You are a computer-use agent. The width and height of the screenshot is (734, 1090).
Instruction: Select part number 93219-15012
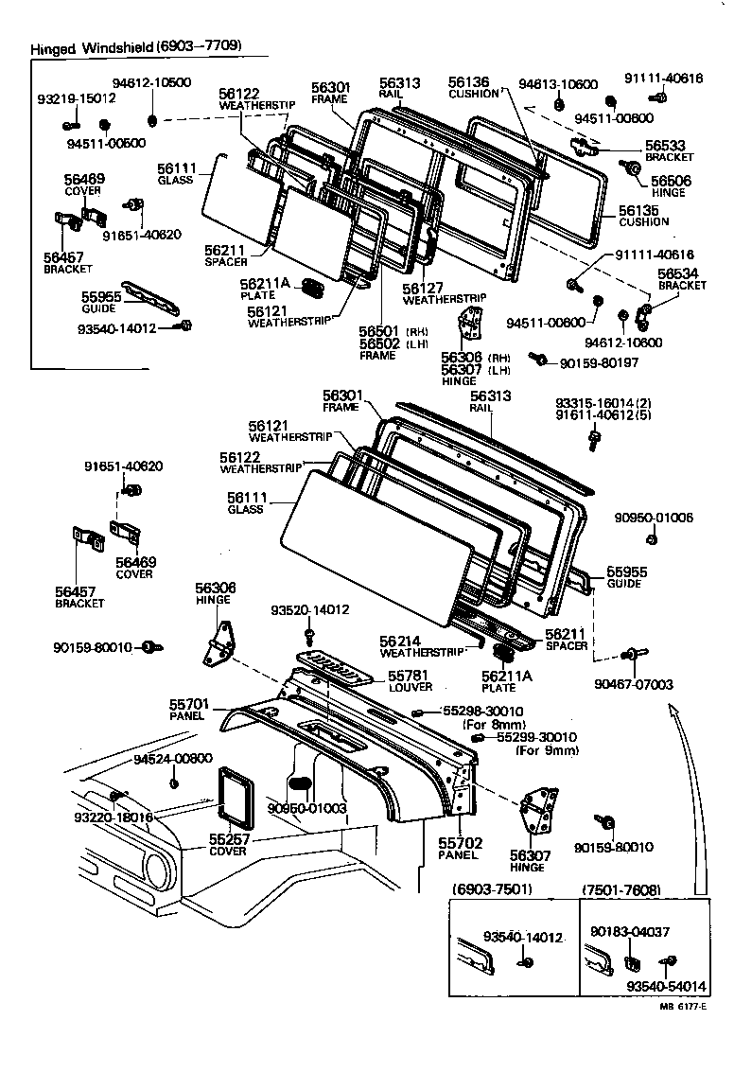(x=77, y=97)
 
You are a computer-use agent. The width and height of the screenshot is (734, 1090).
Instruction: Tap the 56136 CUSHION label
(x=473, y=88)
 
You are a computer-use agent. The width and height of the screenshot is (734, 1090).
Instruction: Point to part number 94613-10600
(x=560, y=84)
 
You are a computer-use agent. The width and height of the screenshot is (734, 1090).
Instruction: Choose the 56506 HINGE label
(x=668, y=185)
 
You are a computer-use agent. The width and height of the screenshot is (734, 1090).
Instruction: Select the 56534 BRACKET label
(x=682, y=279)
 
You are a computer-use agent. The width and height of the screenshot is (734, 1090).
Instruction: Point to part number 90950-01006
(x=654, y=518)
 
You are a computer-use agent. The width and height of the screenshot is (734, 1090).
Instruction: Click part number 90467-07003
(x=633, y=684)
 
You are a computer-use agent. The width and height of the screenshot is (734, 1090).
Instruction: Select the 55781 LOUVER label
(x=410, y=680)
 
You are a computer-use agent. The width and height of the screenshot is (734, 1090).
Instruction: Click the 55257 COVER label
(x=228, y=845)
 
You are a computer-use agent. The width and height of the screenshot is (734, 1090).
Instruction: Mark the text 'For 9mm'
(x=547, y=750)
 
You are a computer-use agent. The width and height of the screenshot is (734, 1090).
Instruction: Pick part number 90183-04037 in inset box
(x=629, y=931)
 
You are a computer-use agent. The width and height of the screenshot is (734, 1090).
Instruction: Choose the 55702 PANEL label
(x=460, y=848)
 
